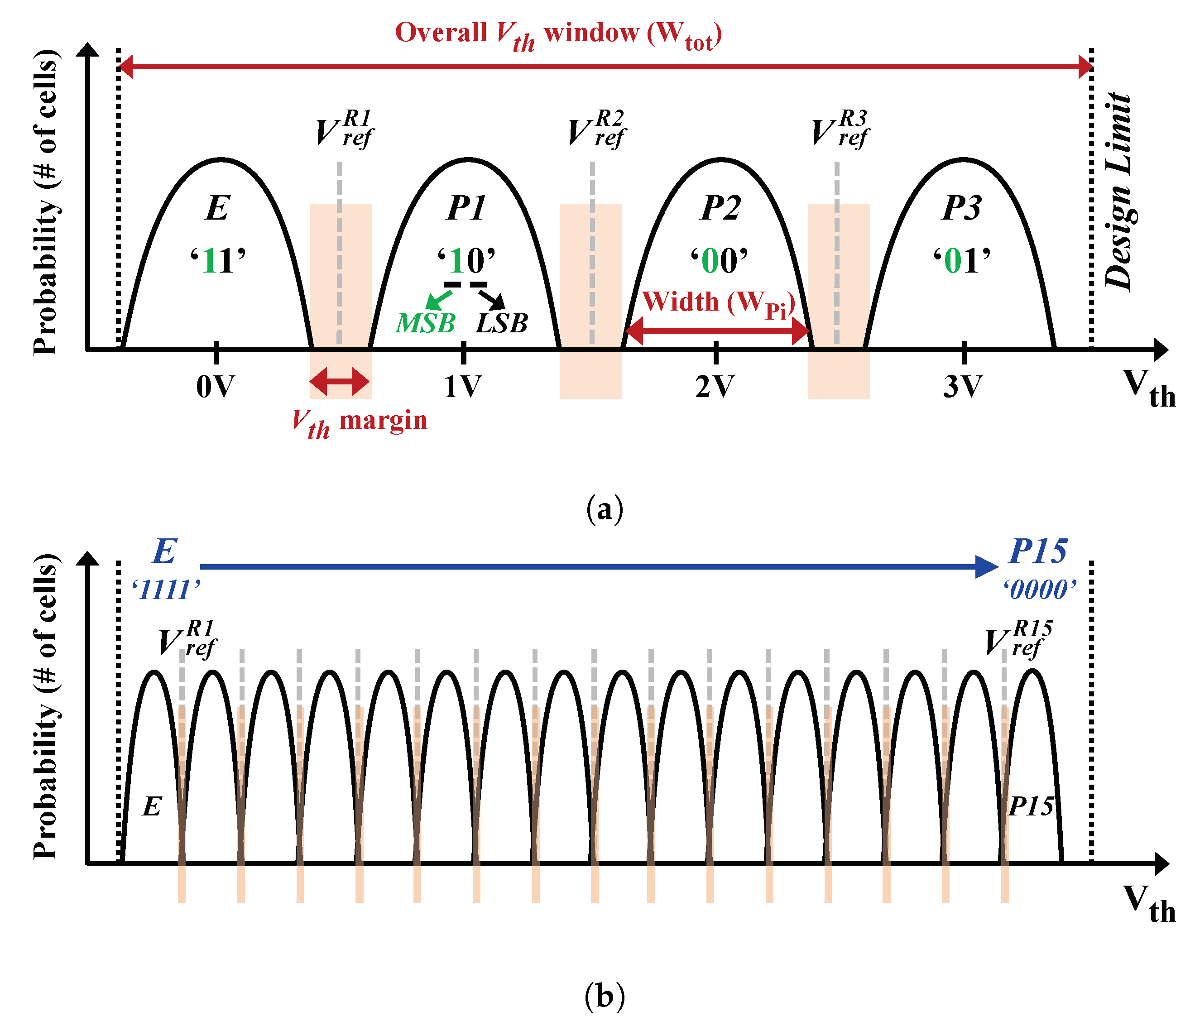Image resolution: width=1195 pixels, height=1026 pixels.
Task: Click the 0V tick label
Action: [x=215, y=386]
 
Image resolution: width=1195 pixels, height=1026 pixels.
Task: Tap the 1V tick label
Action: [x=462, y=386]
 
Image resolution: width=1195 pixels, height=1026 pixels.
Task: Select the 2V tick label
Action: [x=715, y=386]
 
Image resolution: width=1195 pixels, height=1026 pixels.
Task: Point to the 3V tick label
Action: [x=962, y=386]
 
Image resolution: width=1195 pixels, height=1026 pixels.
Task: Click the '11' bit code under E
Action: [x=218, y=261]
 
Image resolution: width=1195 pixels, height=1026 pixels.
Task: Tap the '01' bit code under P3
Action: [x=962, y=261]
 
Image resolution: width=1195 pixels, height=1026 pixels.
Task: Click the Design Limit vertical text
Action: [x=1118, y=190]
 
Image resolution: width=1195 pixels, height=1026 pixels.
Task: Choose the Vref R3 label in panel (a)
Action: [x=840, y=130]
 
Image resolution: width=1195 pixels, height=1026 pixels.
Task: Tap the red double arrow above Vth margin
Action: [x=340, y=381]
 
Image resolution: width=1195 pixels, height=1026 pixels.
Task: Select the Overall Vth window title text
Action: [x=558, y=34]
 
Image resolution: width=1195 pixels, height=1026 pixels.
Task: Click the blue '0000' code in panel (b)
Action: [x=1039, y=590]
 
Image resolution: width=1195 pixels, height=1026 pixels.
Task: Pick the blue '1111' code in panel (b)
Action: [x=166, y=590]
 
